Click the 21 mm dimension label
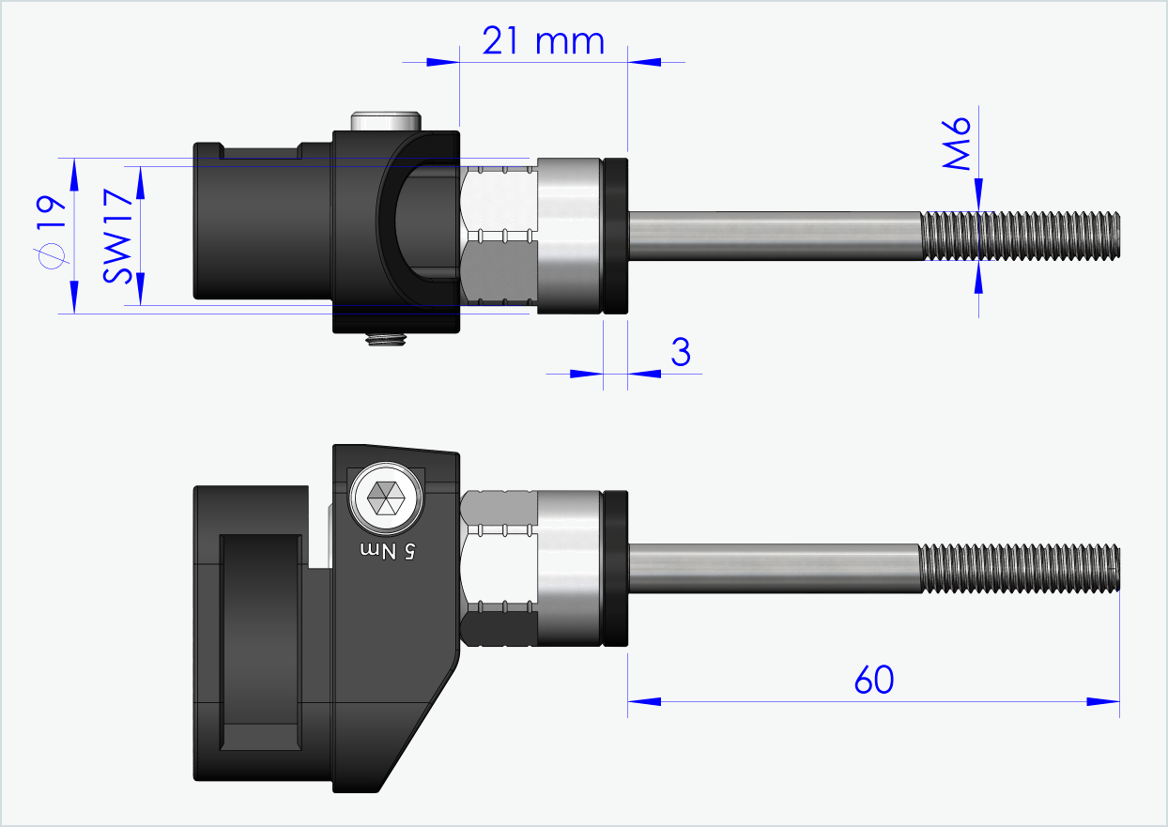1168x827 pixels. (x=543, y=40)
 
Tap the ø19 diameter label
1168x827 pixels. (x=49, y=233)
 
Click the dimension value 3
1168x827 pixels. (x=681, y=353)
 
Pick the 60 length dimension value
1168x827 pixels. (x=874, y=680)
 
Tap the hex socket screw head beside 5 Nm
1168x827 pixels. (x=385, y=498)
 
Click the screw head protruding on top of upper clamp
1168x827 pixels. (x=383, y=121)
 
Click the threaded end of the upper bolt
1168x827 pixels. (x=1021, y=235)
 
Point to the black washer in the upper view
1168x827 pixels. (x=616, y=235)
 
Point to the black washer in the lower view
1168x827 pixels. (x=616, y=568)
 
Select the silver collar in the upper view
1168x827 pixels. (x=569, y=235)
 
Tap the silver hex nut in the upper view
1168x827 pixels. (x=499, y=235)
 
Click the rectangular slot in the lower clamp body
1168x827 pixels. (x=260, y=642)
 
